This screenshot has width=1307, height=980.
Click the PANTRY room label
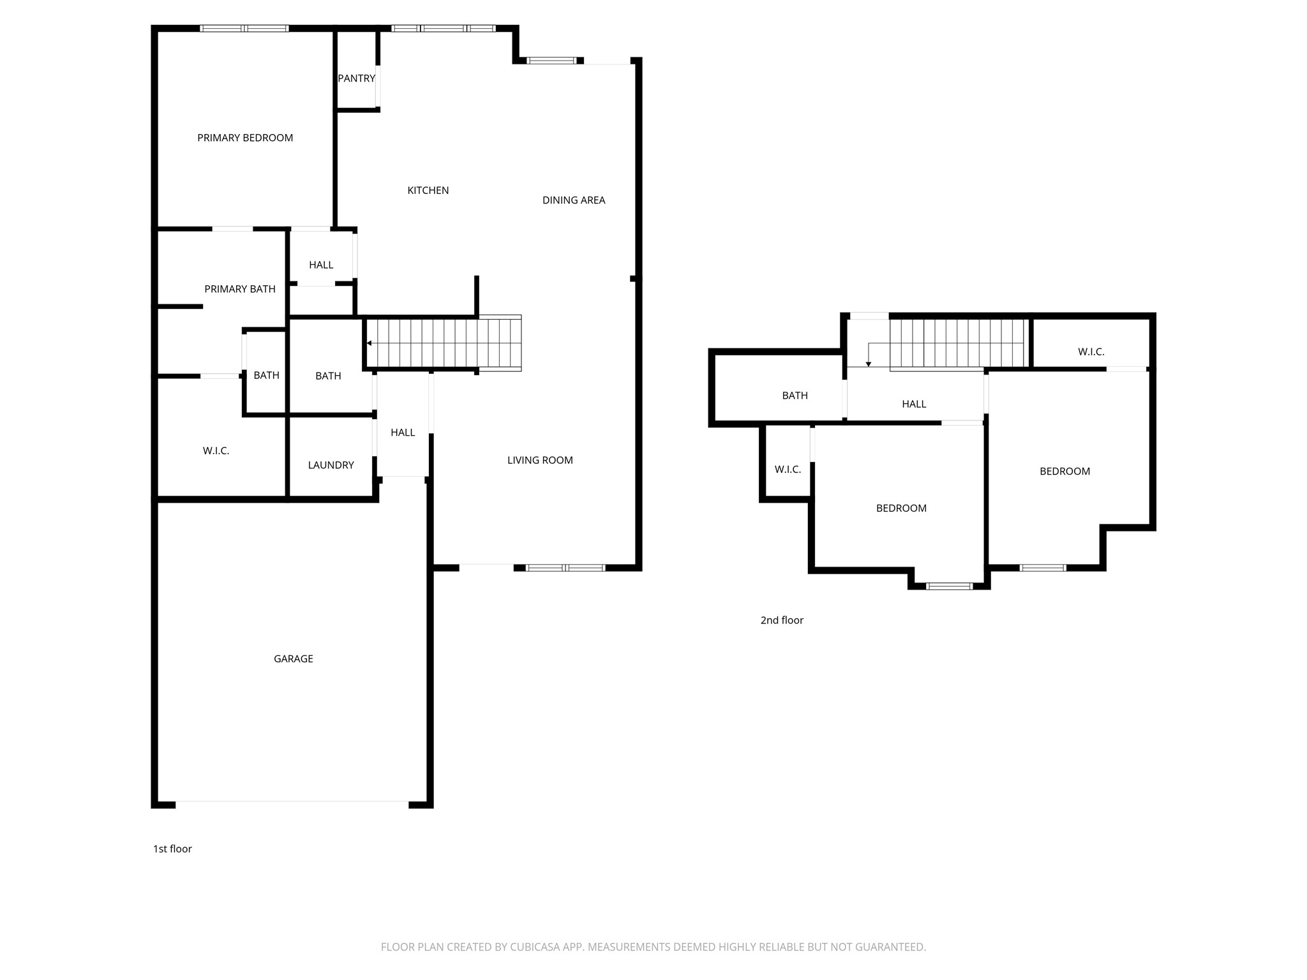coord(356,78)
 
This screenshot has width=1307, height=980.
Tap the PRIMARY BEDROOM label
coord(245,138)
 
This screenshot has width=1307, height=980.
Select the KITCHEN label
coord(428,190)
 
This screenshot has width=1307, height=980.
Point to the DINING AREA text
coord(574,200)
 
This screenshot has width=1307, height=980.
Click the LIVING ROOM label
coord(540,460)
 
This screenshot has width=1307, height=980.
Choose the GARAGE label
coord(294,659)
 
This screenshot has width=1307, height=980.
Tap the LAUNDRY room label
coord(331,465)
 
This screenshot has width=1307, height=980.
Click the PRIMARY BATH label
coord(240,289)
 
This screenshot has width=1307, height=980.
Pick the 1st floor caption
coord(172,849)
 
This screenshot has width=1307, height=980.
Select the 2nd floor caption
coord(782,620)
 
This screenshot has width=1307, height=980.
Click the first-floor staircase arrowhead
coord(369,343)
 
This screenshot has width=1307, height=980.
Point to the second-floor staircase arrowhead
coord(869,364)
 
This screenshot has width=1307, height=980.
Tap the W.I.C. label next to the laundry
coord(216,451)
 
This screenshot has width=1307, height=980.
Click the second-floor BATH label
coord(795,396)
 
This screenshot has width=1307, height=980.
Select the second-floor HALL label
coord(914,404)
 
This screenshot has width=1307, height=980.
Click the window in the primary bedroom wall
coord(244,28)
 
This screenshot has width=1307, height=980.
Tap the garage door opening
coord(292,802)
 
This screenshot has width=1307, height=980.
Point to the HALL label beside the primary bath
coord(321,265)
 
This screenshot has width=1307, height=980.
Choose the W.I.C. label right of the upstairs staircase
coord(1091,352)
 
